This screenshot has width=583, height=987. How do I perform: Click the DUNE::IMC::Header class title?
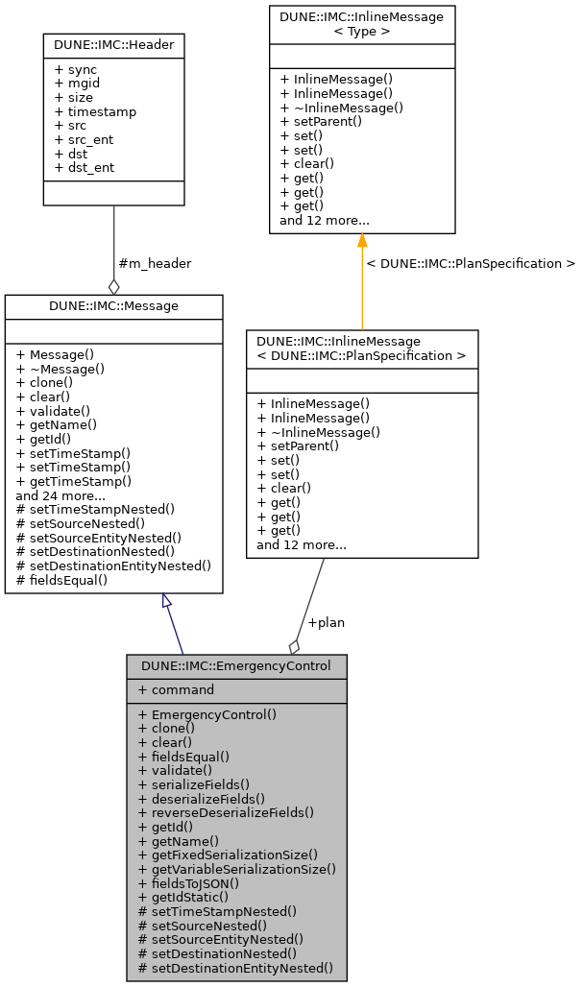[x=114, y=44]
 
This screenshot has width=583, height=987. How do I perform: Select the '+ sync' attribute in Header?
[x=76, y=70]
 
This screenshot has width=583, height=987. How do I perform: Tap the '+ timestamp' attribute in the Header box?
[x=95, y=111]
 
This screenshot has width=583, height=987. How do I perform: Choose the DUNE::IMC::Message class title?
[x=113, y=305]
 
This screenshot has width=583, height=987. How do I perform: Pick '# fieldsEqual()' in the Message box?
[x=61, y=580]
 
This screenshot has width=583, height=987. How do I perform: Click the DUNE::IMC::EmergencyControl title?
[x=236, y=665]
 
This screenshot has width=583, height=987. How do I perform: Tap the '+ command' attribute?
[x=176, y=689]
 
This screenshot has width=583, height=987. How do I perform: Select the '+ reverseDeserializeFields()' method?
[x=226, y=812]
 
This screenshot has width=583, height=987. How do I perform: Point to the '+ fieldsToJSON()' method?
[x=188, y=882]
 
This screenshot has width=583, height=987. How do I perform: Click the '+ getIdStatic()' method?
[x=183, y=897]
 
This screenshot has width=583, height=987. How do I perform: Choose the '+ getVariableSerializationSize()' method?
[x=237, y=869]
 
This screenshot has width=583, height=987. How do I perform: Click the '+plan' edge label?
[x=326, y=622]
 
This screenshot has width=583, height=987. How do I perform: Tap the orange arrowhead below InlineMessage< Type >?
[x=362, y=241]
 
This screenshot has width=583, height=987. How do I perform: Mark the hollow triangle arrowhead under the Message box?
[x=167, y=601]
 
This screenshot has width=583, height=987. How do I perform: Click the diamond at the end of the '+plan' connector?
[x=295, y=647]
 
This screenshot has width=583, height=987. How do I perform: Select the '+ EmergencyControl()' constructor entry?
[x=207, y=714]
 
